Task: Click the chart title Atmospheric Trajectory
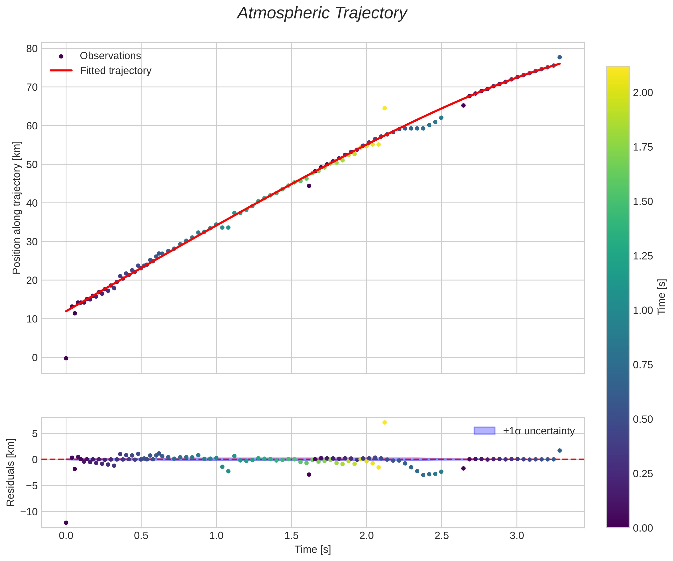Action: tap(322, 13)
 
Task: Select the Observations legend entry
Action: tap(110, 56)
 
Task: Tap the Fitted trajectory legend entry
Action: tap(115, 71)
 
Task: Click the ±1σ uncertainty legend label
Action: tap(539, 431)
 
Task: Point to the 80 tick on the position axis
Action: tap(32, 49)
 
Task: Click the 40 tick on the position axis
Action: tap(32, 203)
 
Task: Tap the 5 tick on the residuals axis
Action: tap(35, 434)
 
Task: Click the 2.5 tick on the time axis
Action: tap(442, 536)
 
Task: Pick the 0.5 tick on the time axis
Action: tap(141, 536)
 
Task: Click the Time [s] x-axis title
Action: tap(313, 550)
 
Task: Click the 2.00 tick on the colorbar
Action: tap(643, 93)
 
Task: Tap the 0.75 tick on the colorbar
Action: tap(643, 365)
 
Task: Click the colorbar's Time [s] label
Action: tap(662, 297)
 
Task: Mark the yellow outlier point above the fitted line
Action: tap(385, 108)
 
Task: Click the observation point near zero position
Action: tap(66, 358)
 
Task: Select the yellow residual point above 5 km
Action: tap(385, 422)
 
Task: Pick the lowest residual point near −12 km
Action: tap(66, 523)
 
